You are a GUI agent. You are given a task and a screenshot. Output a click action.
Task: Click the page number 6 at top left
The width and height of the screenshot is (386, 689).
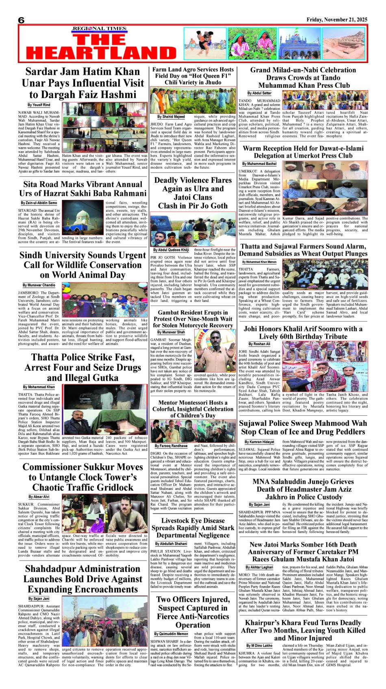[21, 20]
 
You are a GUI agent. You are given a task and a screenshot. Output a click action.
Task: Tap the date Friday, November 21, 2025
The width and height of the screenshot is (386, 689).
[337, 20]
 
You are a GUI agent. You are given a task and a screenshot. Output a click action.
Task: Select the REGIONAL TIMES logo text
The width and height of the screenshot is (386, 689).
[99, 28]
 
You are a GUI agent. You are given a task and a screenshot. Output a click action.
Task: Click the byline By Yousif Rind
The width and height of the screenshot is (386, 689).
[39, 105]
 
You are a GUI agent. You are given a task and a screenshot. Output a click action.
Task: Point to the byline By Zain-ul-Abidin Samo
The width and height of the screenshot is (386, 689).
[39, 203]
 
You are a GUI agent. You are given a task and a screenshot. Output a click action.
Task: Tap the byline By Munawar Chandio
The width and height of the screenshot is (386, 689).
[39, 285]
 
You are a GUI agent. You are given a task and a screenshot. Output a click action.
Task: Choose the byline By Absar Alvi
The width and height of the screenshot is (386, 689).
[39, 497]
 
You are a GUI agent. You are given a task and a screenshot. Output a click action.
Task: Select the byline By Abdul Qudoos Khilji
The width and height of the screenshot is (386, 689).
[171, 250]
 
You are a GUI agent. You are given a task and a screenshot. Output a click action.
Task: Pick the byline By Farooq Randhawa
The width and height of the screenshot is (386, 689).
[171, 446]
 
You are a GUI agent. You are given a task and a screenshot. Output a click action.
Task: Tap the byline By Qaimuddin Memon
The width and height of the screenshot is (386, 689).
[171, 634]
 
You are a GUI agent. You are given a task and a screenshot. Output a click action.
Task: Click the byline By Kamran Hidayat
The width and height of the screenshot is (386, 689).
[259, 442]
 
